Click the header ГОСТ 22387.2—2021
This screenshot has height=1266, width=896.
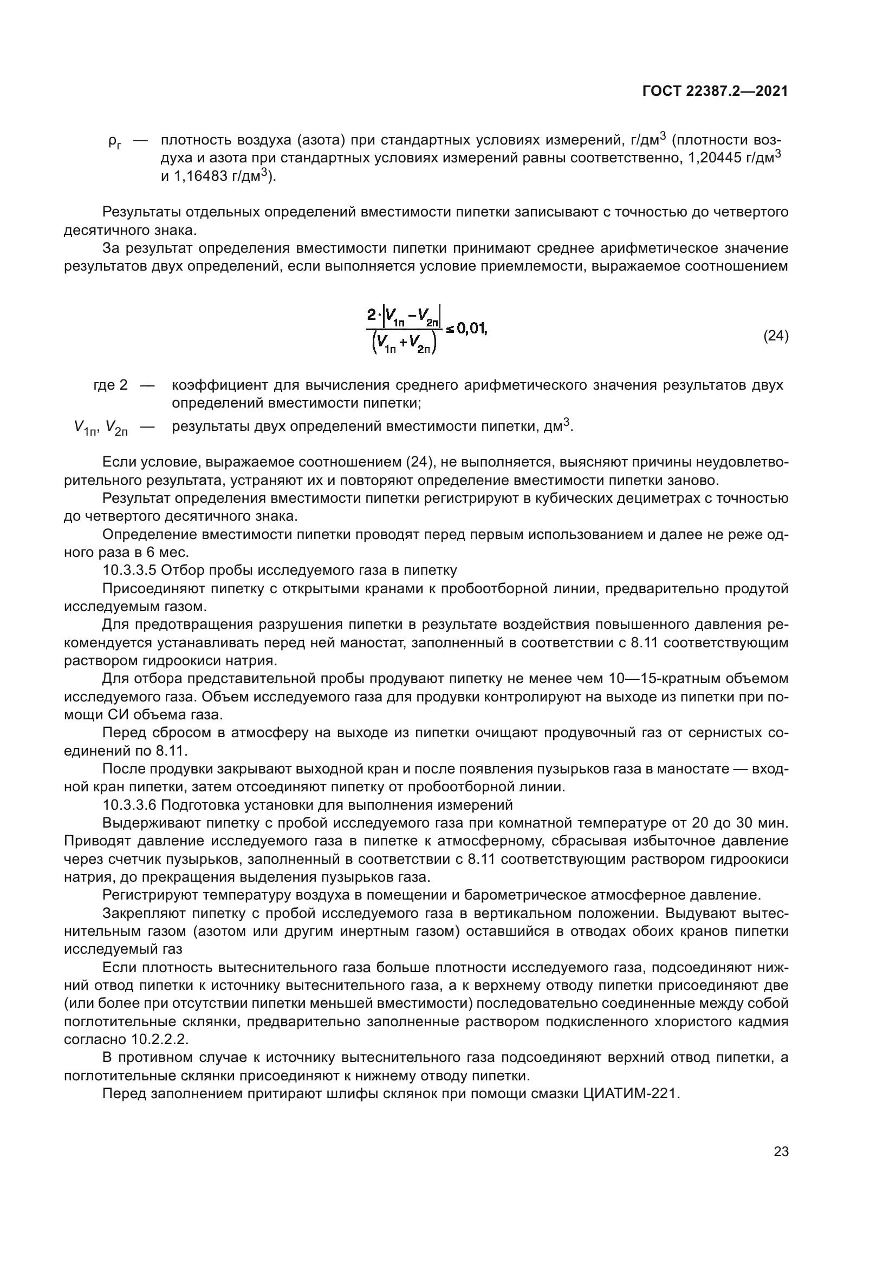pyautogui.click(x=715, y=91)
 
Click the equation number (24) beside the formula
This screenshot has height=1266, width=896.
pyautogui.click(x=775, y=336)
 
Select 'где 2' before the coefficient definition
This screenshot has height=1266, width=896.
pyautogui.click(x=111, y=385)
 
